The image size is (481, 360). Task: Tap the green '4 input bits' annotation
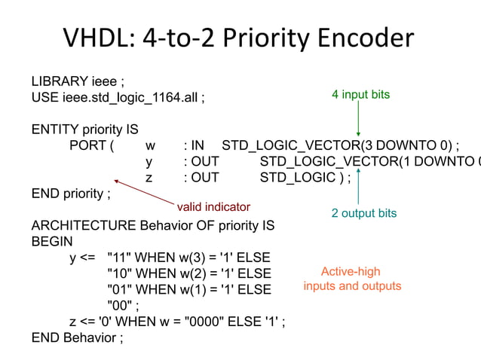[x=360, y=95]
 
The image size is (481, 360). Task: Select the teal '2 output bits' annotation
[x=363, y=213]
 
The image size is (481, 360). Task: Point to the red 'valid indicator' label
[x=213, y=206]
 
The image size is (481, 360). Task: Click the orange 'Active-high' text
[x=351, y=271]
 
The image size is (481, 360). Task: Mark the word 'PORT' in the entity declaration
[x=86, y=145]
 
